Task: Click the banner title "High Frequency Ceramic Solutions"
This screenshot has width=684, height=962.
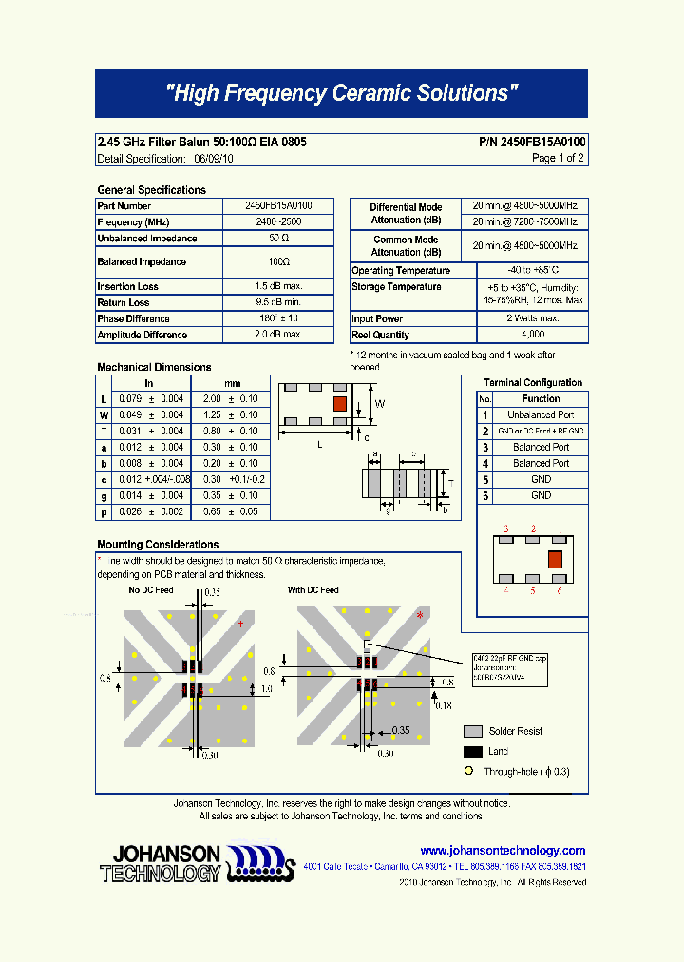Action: pyautogui.click(x=341, y=93)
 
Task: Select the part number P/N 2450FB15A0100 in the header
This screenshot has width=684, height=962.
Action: pyautogui.click(x=532, y=142)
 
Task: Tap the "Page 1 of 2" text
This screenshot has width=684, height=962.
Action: pyautogui.click(x=558, y=158)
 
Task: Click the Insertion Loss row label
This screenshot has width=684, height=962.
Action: pyautogui.click(x=127, y=286)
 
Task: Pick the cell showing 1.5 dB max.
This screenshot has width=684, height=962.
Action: pyautogui.click(x=278, y=286)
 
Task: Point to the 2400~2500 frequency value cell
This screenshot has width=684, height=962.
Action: pyautogui.click(x=278, y=221)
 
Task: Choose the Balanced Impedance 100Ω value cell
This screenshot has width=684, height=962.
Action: pyautogui.click(x=278, y=261)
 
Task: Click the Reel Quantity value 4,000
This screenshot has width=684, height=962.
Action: pyautogui.click(x=533, y=335)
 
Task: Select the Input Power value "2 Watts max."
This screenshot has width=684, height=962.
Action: pyautogui.click(x=533, y=318)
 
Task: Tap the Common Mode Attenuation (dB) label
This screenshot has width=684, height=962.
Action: pyautogui.click(x=406, y=246)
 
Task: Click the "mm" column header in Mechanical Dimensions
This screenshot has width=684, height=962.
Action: pyautogui.click(x=232, y=383)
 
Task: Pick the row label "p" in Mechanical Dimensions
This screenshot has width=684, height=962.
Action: pyautogui.click(x=104, y=511)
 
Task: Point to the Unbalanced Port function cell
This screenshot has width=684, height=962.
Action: pyautogui.click(x=541, y=415)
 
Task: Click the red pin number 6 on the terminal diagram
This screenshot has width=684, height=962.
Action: pyautogui.click(x=560, y=591)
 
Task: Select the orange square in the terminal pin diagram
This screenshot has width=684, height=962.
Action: pyautogui.click(x=555, y=558)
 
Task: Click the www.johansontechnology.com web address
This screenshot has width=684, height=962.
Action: pyautogui.click(x=503, y=851)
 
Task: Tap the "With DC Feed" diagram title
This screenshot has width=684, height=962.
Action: pyautogui.click(x=313, y=590)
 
